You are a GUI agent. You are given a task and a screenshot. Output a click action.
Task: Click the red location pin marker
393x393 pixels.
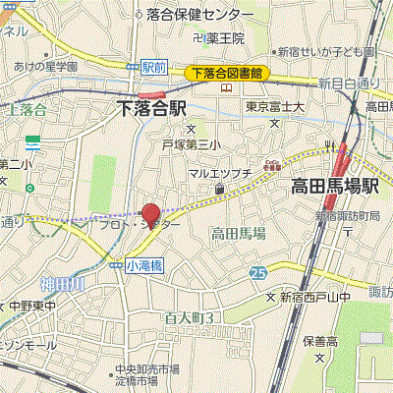pos(150,213)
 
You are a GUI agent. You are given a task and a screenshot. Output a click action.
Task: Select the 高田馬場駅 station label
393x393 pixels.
pos(334,185)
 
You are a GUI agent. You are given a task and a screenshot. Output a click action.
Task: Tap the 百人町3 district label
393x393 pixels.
pos(190,317)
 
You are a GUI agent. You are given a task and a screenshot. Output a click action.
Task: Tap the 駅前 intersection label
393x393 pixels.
pos(152,67)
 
